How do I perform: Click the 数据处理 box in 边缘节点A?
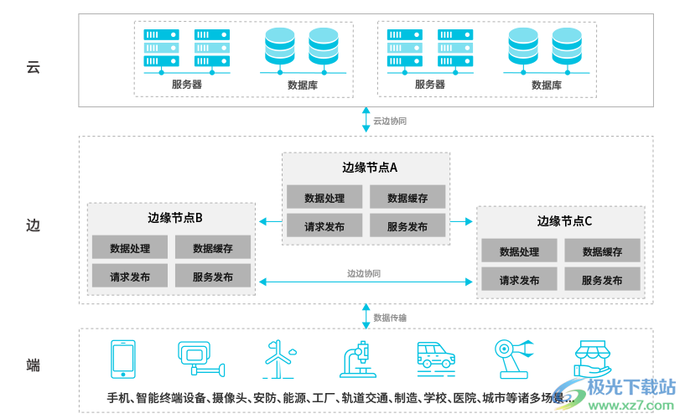(324, 198)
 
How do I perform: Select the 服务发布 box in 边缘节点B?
(212, 277)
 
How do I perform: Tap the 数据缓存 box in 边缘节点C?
(602, 251)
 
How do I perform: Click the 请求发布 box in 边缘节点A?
(324, 226)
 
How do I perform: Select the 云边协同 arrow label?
(390, 121)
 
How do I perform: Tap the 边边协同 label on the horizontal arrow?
(364, 273)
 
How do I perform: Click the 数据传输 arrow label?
(390, 318)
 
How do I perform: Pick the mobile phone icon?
(123, 359)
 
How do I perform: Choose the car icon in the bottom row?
(436, 356)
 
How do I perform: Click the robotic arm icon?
(512, 357)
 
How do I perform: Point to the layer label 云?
(34, 67)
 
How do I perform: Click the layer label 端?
(34, 365)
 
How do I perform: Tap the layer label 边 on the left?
(34, 225)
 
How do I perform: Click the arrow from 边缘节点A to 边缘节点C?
(462, 221)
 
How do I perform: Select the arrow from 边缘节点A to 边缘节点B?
(270, 221)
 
